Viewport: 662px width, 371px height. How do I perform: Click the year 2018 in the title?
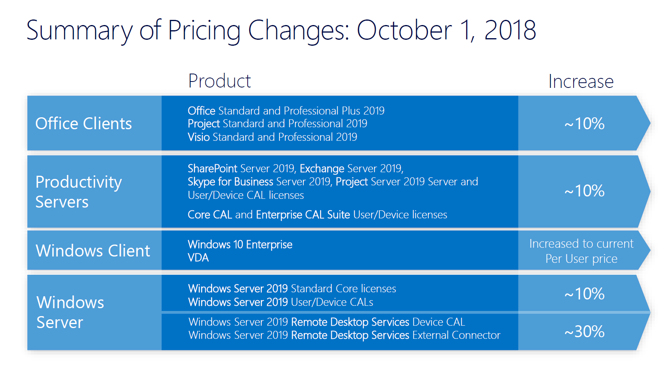(x=510, y=31)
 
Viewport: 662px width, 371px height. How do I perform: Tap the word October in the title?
(x=404, y=31)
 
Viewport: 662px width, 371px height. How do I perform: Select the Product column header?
(x=219, y=81)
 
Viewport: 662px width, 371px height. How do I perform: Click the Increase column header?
(x=581, y=82)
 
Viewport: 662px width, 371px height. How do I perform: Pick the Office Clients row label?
(x=84, y=124)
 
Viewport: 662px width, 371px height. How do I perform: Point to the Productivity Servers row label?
(x=78, y=192)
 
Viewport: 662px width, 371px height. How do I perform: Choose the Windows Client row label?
(x=93, y=251)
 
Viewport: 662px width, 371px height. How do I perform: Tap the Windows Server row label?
(x=70, y=312)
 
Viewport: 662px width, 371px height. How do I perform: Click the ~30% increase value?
(x=584, y=331)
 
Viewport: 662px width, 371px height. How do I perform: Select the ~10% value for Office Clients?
(x=584, y=124)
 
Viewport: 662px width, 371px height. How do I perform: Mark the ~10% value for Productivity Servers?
(x=584, y=191)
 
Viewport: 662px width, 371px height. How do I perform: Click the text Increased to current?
(x=581, y=243)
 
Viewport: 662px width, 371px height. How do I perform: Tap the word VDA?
(x=198, y=258)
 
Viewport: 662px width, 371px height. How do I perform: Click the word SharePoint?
(x=213, y=169)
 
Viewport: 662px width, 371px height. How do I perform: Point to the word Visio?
(x=199, y=137)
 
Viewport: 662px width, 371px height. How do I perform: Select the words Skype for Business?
(x=230, y=182)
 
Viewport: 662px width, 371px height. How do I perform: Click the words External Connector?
(x=456, y=335)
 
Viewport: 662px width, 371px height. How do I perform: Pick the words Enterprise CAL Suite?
(x=303, y=215)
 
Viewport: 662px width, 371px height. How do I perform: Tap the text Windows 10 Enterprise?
(x=240, y=244)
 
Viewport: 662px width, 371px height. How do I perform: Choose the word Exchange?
(x=322, y=169)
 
